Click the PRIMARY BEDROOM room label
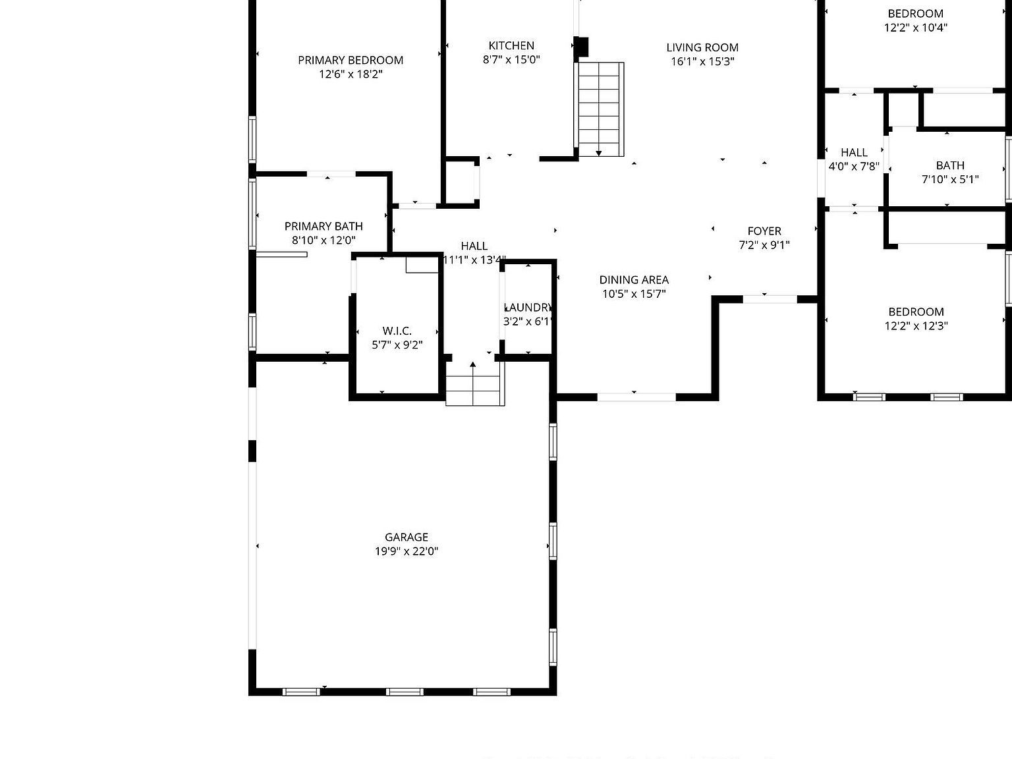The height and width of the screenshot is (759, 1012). (x=351, y=60)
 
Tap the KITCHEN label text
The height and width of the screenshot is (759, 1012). (x=511, y=45)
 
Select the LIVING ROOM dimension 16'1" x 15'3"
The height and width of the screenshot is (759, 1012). (x=702, y=61)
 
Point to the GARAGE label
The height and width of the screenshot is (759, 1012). (x=407, y=537)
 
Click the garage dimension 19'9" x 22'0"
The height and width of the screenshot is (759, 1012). (x=407, y=551)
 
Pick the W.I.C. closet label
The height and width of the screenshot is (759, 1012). (x=397, y=331)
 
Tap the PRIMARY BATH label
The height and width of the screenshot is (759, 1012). (x=323, y=226)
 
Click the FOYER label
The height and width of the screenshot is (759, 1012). (x=764, y=231)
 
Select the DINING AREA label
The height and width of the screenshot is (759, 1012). (x=634, y=279)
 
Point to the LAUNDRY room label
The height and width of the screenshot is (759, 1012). (x=528, y=307)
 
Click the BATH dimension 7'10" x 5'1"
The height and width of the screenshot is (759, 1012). (x=950, y=179)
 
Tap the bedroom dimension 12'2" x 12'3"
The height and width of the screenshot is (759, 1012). (x=916, y=325)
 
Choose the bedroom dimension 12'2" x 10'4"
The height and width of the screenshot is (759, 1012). (x=916, y=28)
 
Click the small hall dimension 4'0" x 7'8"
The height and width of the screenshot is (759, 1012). (x=854, y=166)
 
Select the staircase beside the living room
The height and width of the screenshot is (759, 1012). (x=600, y=109)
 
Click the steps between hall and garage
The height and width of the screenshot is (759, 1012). (x=474, y=389)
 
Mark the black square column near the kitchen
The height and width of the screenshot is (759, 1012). (x=581, y=47)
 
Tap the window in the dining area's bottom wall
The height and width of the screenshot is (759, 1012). (x=636, y=397)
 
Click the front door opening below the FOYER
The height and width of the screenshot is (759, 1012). (x=770, y=299)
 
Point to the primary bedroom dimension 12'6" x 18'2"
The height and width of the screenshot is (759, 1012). (x=351, y=74)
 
